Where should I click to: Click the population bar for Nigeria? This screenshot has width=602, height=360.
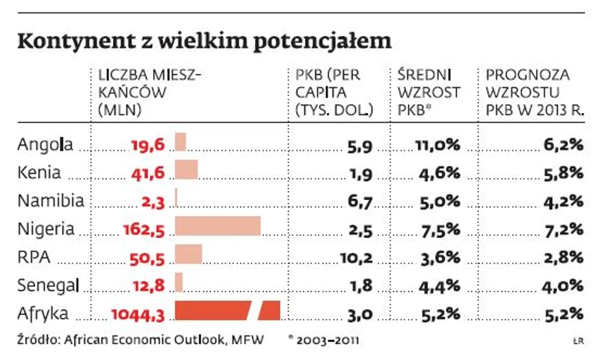[218, 227]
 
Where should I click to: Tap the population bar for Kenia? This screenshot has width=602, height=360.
[186, 171]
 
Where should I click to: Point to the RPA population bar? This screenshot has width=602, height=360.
[188, 254]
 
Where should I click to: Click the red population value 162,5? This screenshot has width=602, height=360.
[142, 228]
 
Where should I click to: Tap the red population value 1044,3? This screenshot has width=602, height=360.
[137, 312]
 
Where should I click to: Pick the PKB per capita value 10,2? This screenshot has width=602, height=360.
[356, 256]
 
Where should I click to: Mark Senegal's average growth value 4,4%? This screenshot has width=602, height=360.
[440, 284]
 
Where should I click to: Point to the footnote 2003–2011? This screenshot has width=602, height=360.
[328, 340]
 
